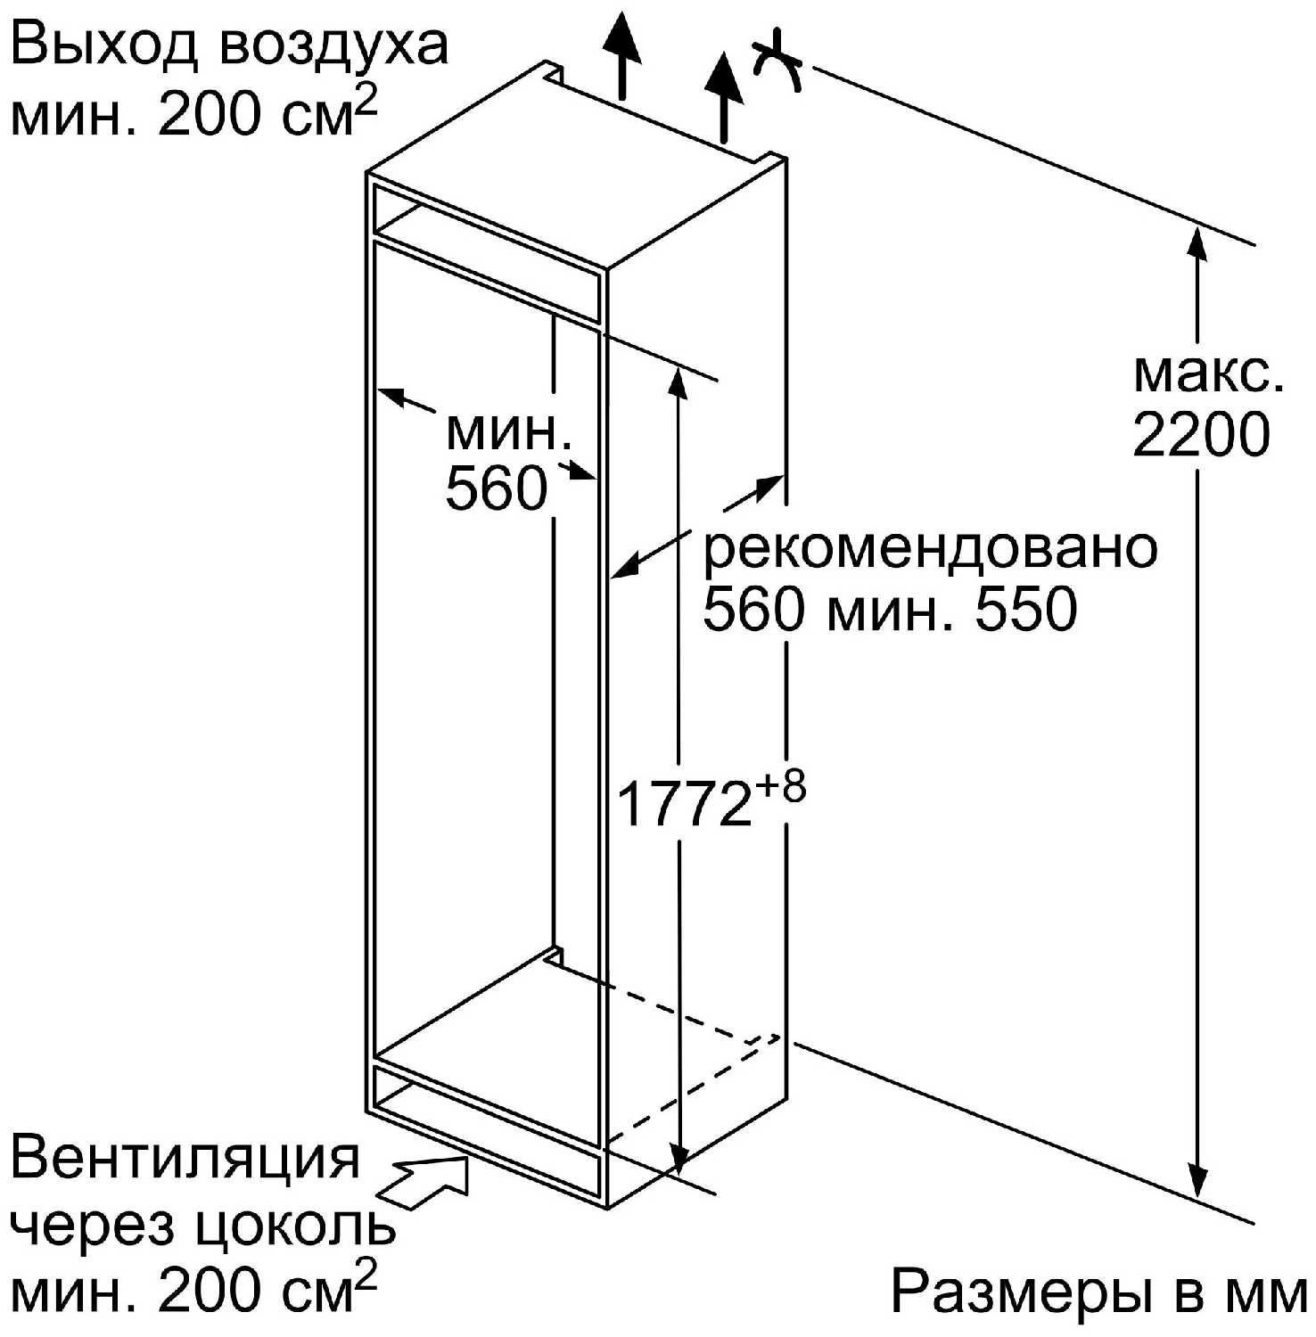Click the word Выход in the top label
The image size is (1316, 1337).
click(x=102, y=47)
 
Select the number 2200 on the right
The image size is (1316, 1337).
click(x=1201, y=436)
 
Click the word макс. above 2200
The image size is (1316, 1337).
click(x=1209, y=373)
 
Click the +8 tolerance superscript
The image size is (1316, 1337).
click(x=782, y=787)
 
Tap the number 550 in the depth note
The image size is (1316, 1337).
click(x=1026, y=611)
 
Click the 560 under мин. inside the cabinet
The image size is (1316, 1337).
click(x=497, y=488)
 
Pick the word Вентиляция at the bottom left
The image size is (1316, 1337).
click(x=185, y=1160)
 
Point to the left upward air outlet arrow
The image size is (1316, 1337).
click(x=621, y=55)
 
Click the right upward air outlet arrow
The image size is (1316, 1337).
click(x=724, y=98)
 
